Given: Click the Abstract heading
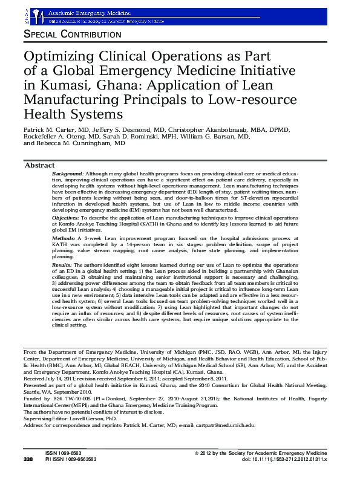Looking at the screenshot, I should pos(39,166).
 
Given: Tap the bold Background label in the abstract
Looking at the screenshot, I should pos(68,173).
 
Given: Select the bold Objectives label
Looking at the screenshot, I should pos(65,217).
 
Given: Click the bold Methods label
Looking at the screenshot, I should pos(64,239).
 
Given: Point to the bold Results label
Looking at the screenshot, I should pos(62,265).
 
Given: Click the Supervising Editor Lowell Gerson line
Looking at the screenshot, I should pos(70,418).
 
